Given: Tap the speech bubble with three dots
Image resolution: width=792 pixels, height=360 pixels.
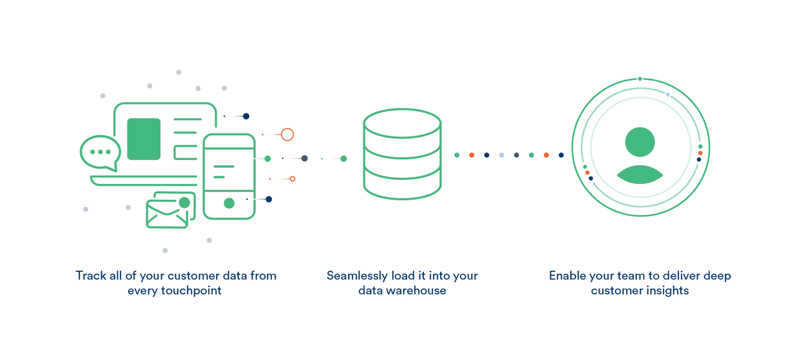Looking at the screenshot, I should (x=100, y=152).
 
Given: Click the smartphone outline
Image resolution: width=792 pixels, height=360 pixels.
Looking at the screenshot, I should (x=229, y=176).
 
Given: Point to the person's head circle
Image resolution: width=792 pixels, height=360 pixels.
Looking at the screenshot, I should (x=640, y=142).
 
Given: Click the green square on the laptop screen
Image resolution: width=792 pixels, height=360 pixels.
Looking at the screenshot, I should (x=143, y=139).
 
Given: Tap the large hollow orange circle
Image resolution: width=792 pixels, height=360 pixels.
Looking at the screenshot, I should (x=287, y=134).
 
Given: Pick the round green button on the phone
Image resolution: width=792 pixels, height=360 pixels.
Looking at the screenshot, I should (x=229, y=203).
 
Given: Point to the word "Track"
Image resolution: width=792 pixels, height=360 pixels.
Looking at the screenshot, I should (x=91, y=276).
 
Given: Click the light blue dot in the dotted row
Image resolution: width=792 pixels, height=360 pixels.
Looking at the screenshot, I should (x=502, y=155).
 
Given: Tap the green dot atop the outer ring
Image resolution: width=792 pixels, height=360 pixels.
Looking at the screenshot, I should (x=640, y=79).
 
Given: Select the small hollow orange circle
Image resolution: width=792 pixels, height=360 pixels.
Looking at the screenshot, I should (x=292, y=179).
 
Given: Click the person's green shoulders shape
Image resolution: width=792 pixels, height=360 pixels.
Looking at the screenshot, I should (x=640, y=176).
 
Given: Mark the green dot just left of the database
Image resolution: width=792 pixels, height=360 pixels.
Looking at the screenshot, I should (x=343, y=159).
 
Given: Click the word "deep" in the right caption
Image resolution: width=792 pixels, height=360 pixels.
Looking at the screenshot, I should (x=718, y=276).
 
